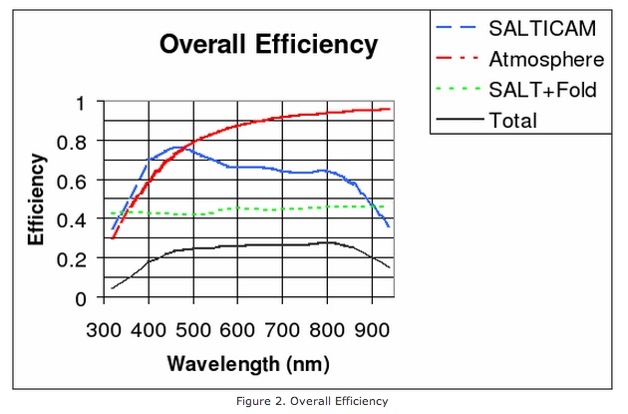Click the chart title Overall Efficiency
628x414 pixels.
click(269, 45)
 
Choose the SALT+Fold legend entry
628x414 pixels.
click(543, 90)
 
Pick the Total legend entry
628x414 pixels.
click(513, 120)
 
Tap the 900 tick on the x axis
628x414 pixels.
click(373, 329)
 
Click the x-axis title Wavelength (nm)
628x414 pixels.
click(247, 361)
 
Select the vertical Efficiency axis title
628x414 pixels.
click(36, 200)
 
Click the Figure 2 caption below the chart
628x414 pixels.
click(315, 401)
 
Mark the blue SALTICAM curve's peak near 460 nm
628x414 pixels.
click(175, 148)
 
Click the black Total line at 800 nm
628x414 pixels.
click(328, 242)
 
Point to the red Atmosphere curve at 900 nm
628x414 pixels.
click(373, 110)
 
